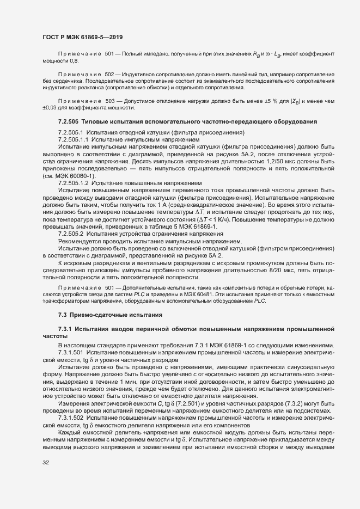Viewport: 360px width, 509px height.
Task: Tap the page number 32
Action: [46, 463]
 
